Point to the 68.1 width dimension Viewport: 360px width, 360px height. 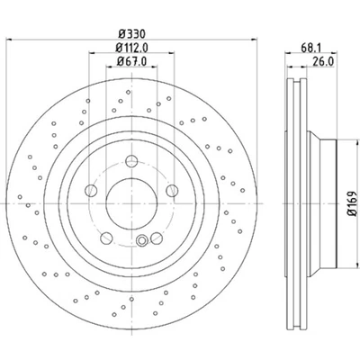point(310,49)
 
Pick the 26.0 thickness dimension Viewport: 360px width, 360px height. point(319,62)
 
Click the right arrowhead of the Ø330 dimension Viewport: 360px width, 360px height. point(256,41)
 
